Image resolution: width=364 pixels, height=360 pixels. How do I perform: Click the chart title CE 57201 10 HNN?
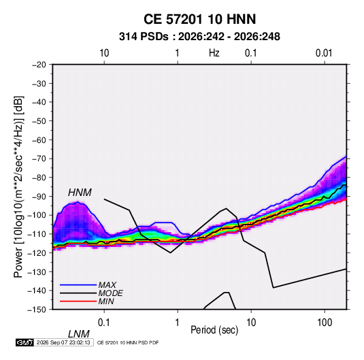click(199, 19)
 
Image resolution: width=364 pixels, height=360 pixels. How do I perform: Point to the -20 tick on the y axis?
click(39, 65)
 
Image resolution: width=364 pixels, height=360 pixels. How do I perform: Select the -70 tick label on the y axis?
click(39, 159)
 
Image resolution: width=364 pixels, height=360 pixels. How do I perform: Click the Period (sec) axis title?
click(214, 330)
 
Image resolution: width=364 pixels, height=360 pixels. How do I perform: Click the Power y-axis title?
click(18, 187)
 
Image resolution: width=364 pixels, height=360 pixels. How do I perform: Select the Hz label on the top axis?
click(214, 53)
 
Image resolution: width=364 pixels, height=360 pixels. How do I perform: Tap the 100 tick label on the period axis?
click(325, 323)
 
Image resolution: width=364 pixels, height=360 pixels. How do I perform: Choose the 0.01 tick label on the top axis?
click(324, 53)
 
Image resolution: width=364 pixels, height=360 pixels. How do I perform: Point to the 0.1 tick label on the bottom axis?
click(104, 323)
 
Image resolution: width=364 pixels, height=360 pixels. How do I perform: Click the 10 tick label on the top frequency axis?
click(104, 53)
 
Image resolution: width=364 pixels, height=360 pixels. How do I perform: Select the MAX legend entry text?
click(107, 284)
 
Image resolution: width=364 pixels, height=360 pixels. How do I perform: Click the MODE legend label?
click(110, 293)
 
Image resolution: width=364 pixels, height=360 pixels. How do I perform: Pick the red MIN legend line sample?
click(78, 301)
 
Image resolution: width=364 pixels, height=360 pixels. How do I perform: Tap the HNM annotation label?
click(80, 193)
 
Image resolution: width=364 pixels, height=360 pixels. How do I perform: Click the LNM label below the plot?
click(79, 334)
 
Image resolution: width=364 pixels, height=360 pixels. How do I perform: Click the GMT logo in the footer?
click(25, 342)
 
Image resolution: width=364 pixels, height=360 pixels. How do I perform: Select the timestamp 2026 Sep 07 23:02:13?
click(63, 342)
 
